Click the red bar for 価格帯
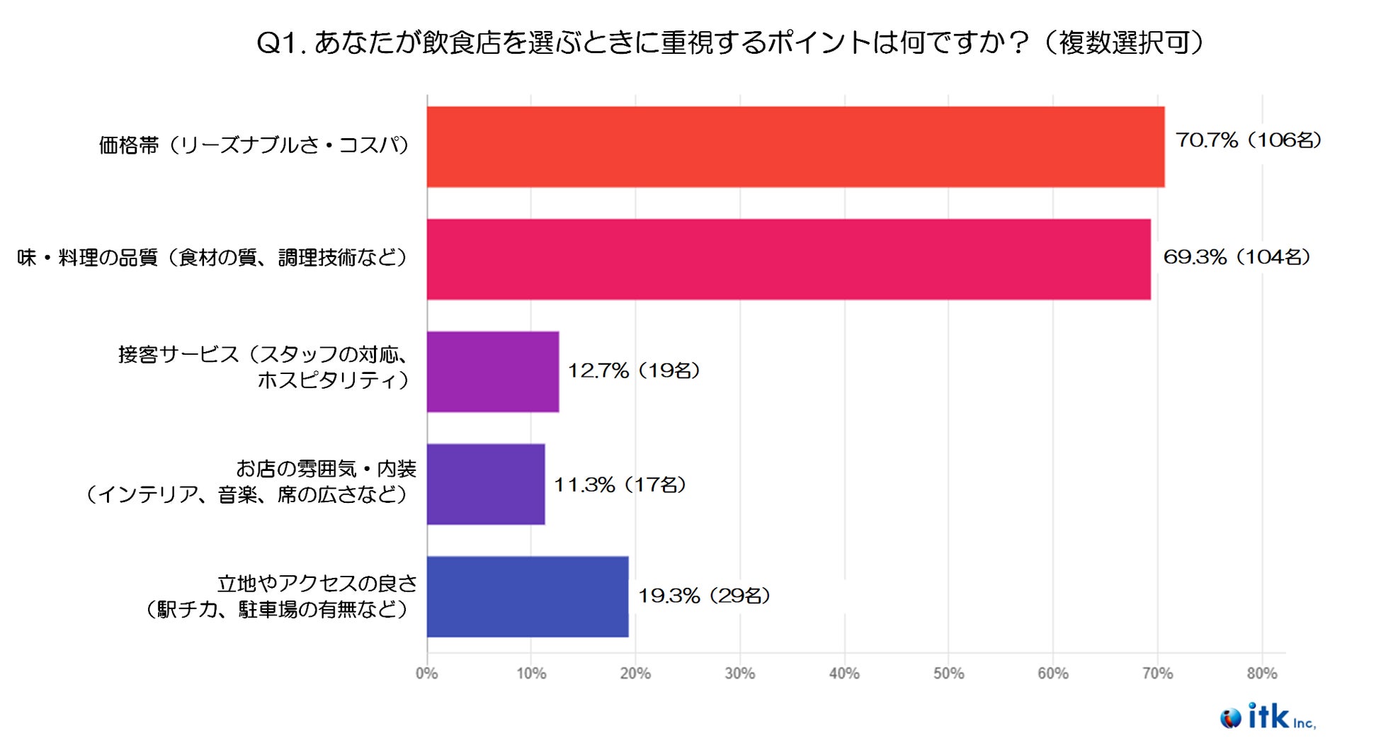pos(795,147)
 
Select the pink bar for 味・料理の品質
pos(788,259)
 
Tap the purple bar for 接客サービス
pos(493,372)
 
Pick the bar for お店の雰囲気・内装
pos(486,484)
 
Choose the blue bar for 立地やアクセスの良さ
pos(528,596)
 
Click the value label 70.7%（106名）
pos(1249,140)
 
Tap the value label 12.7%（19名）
pos(634,370)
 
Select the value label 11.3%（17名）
pos(620,484)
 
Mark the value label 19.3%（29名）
pos(704,596)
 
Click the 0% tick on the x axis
pos(426,674)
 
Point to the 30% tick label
pos(739,674)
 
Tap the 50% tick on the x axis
pos(948,674)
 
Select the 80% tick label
pos(1261,674)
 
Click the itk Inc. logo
pos(1268,717)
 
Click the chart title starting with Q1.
pos(729,43)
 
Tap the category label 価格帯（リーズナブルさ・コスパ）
pos(254,145)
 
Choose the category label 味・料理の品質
pos(213,257)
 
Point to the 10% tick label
pos(531,674)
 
